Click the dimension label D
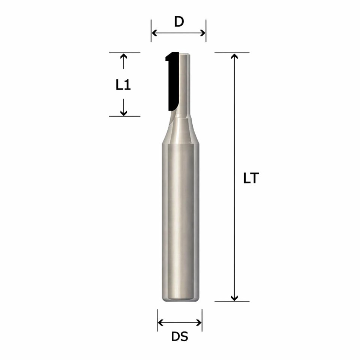(179, 22)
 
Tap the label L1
(123, 85)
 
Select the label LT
(251, 178)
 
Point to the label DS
(180, 337)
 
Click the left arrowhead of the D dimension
(154, 33)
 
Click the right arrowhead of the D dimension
(203, 33)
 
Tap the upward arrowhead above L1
(124, 56)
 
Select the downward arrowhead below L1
(124, 113)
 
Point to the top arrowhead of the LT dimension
(234, 56)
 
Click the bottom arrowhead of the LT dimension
(234, 298)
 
